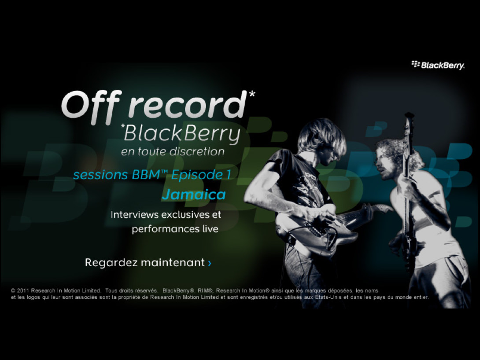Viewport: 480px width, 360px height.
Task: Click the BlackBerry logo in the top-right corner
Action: (x=438, y=65)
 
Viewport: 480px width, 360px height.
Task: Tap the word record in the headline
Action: (x=187, y=105)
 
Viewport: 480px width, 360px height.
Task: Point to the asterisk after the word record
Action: (x=251, y=94)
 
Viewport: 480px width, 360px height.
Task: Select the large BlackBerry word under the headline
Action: (x=182, y=134)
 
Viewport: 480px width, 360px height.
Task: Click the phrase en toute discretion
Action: (x=173, y=152)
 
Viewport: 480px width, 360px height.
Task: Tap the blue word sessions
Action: (x=100, y=175)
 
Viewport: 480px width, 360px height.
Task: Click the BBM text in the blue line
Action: (x=146, y=175)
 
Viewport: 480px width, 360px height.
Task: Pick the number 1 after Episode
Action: (x=228, y=175)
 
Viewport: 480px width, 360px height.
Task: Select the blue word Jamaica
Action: (x=194, y=195)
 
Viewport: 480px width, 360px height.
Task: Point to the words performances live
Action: (x=175, y=229)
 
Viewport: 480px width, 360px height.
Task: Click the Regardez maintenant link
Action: (x=148, y=262)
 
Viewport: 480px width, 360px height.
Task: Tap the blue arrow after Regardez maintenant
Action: (x=209, y=263)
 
